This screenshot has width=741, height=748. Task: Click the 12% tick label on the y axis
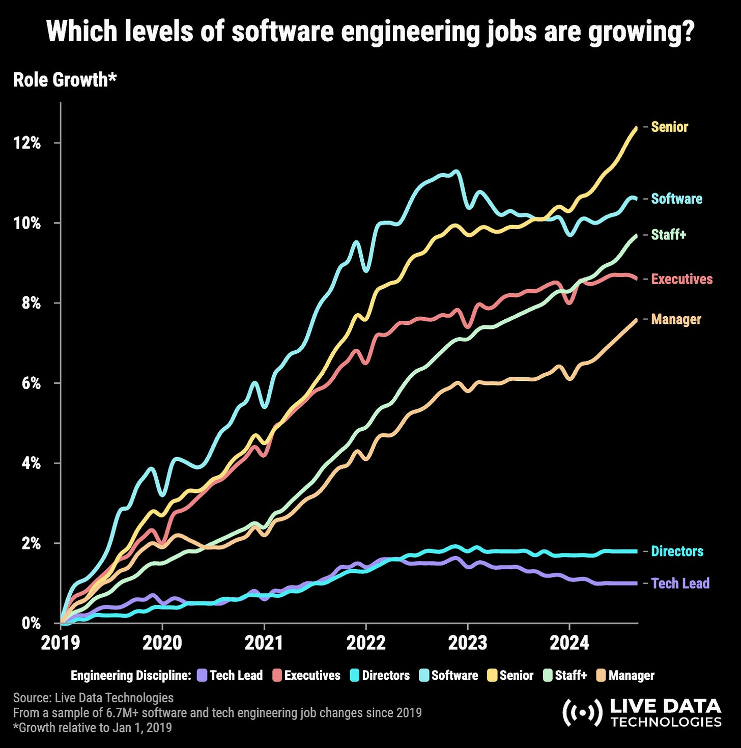[x=27, y=143]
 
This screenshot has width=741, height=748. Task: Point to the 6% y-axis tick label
[x=30, y=383]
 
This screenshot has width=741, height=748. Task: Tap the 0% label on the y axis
[x=30, y=623]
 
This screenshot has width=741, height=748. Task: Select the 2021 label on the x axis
[x=264, y=643]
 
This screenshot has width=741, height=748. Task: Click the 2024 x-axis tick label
[x=569, y=643]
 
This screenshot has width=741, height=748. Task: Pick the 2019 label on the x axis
[x=60, y=643]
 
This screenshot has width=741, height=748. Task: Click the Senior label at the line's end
[x=669, y=127]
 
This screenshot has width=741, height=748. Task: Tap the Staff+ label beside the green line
[x=668, y=235]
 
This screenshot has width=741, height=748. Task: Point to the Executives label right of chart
[x=681, y=279]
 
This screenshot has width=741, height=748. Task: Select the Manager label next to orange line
[x=676, y=319]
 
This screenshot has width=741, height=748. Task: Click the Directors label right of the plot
[x=677, y=551]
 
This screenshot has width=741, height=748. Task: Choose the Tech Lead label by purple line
[x=680, y=583]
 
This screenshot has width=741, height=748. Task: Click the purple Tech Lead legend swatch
[x=202, y=676]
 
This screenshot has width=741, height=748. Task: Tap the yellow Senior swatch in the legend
[x=492, y=676]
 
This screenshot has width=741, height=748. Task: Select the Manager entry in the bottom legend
[x=631, y=676]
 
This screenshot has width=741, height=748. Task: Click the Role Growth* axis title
[x=65, y=80]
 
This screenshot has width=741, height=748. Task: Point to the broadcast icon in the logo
[x=581, y=713]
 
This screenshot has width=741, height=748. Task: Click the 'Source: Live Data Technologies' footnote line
[x=93, y=698]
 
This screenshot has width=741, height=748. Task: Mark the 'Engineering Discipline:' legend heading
[x=131, y=676]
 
